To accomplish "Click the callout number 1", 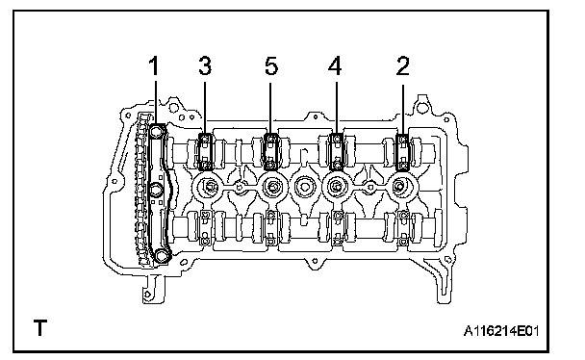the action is [x=154, y=65].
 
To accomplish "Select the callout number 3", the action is [x=205, y=65].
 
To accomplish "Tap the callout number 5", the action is [x=271, y=65].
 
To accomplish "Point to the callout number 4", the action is [x=335, y=65].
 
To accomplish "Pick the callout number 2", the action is [x=402, y=65].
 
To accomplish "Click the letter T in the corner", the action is [x=40, y=327].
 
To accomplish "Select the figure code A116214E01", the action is [x=501, y=330].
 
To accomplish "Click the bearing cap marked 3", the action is [x=204, y=152].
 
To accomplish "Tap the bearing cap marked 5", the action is [x=271, y=152].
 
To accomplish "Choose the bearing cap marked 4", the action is [x=337, y=152].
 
